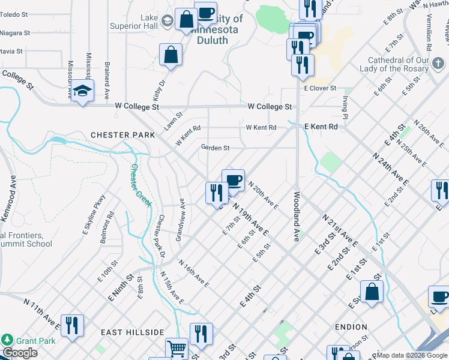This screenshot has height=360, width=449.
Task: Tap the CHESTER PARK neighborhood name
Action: pos(115,135)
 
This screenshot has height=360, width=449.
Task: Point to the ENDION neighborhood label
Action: pos(351,327)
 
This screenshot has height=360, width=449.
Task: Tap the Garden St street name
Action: pos(215,148)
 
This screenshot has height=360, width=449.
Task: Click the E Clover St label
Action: pos(322,89)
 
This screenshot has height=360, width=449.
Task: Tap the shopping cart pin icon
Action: pos(176,349)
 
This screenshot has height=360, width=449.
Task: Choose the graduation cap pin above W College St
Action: pos(82,92)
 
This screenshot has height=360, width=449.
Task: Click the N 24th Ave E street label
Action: pos(390,169)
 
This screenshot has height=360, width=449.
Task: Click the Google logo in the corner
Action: pos(20,353)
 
